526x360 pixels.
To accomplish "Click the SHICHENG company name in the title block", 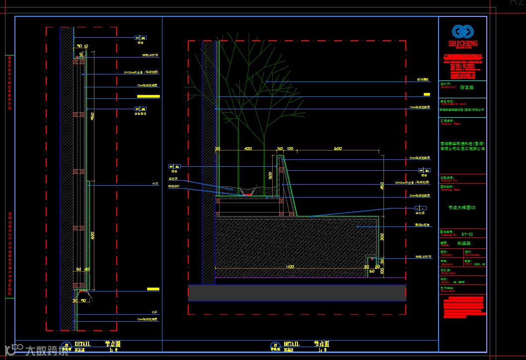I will (462, 44).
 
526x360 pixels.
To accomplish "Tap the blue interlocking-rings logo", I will (462, 32).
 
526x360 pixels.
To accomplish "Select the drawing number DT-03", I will (467, 234).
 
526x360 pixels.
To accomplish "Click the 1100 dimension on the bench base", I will (290, 267).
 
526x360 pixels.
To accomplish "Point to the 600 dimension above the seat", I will (338, 148).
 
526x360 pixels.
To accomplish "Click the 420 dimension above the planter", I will (248, 148).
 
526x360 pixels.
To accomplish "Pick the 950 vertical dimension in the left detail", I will (92, 117).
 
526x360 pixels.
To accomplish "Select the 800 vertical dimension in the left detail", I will (92, 237).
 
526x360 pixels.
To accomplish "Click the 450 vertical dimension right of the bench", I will (382, 186).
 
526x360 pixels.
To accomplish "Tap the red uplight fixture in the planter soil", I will (248, 195).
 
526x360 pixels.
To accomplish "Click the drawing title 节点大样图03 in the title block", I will (461, 208).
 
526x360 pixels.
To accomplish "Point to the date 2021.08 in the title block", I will (478, 265).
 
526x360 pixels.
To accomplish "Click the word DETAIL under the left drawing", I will (82, 344).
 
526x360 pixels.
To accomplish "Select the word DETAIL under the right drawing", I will (292, 344).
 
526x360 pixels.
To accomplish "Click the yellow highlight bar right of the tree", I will (427, 94).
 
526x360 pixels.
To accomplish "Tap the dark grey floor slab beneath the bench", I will (297, 292).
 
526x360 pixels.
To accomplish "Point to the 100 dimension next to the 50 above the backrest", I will (290, 148).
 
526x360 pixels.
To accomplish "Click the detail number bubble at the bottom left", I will (66, 346).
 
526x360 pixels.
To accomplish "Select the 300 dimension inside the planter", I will (270, 175).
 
